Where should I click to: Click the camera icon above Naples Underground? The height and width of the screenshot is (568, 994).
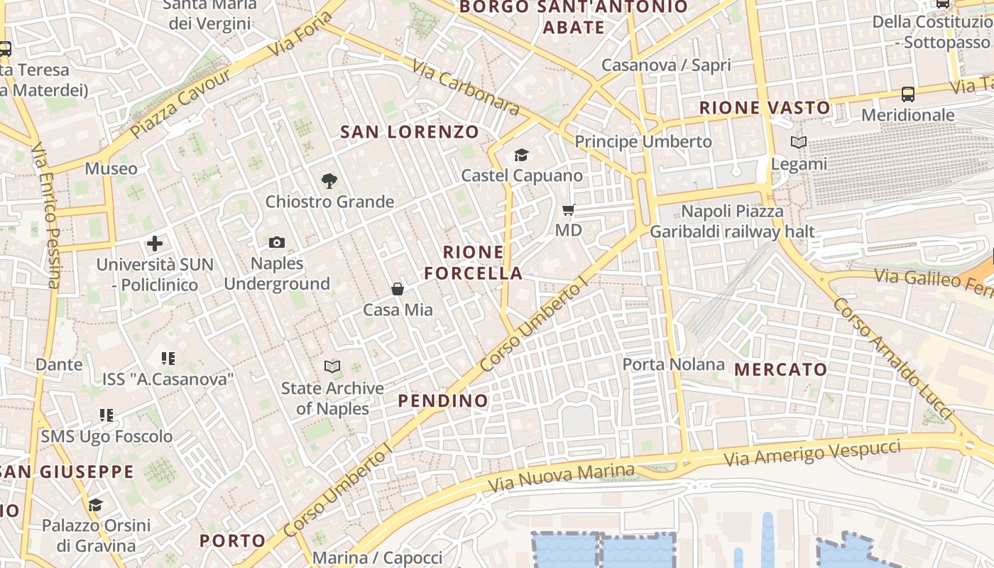[277, 243]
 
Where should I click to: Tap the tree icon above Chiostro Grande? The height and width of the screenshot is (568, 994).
[329, 181]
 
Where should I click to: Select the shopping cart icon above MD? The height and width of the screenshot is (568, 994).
[568, 209]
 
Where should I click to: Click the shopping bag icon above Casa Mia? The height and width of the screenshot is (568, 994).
[398, 289]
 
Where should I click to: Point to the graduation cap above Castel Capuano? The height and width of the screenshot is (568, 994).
[522, 155]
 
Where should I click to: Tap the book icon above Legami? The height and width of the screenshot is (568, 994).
[799, 143]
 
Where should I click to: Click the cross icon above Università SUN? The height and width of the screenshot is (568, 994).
[155, 244]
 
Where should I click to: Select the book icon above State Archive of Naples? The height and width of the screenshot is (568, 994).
[332, 367]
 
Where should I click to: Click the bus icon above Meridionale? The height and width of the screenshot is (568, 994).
[907, 94]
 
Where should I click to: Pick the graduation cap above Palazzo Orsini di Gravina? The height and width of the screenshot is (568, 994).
[96, 505]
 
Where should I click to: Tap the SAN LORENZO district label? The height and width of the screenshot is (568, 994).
[410, 132]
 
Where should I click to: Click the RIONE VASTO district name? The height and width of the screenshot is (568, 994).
[765, 108]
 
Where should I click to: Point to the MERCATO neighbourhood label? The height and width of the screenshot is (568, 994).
[780, 369]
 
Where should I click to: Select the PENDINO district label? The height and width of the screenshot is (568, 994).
[443, 400]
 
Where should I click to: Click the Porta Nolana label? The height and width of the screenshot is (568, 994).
[673, 365]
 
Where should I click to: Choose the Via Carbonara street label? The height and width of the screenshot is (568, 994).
[466, 87]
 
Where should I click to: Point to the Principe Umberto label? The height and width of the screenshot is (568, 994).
[643, 142]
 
